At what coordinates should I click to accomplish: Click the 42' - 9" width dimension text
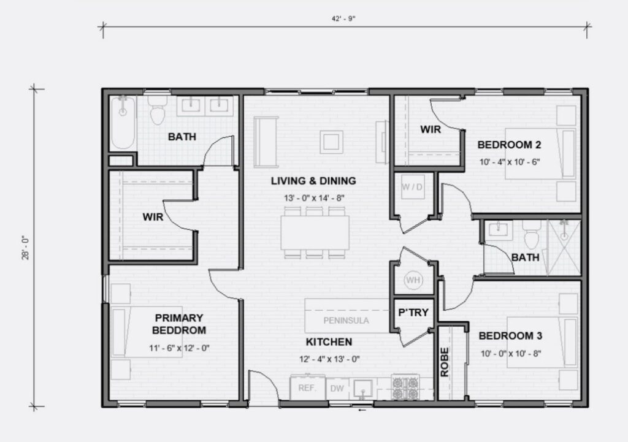343,18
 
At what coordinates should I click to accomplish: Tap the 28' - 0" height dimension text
26,248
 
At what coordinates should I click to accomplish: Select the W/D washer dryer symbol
413,186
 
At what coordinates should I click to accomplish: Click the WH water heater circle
413,280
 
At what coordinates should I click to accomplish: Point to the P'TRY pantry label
413,312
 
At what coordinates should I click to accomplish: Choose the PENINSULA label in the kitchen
346,321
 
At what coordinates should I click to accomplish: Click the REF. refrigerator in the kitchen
307,387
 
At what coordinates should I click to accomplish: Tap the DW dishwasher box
337,388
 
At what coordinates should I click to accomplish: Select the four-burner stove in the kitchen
405,387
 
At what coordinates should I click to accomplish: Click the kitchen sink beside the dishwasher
363,389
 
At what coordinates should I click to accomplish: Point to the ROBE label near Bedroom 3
445,362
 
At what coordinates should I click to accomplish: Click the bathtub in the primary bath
123,123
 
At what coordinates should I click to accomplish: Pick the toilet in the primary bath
158,110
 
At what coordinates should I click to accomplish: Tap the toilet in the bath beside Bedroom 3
532,235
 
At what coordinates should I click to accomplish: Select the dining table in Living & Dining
315,232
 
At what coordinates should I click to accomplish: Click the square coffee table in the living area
331,142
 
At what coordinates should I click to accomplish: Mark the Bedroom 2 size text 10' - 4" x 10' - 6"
510,162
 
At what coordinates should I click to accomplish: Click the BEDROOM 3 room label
510,336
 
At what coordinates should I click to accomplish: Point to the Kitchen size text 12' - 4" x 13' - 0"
329,359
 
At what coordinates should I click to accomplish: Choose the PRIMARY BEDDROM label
179,324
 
